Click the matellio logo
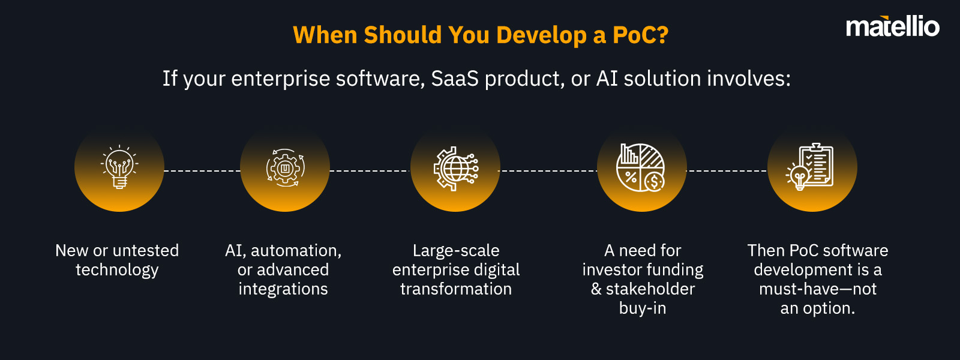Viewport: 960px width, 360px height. point(892,27)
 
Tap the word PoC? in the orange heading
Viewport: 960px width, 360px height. point(640,35)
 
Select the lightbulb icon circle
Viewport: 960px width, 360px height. point(119,167)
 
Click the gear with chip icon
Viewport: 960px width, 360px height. point(285,167)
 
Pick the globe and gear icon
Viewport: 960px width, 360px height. point(455,167)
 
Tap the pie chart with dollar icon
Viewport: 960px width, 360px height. point(641,167)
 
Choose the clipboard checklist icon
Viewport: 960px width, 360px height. point(812,167)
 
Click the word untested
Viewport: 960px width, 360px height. point(146,250)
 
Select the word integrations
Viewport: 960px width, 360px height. point(283,289)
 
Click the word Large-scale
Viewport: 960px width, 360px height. point(456,250)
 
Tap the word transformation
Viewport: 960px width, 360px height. point(456,289)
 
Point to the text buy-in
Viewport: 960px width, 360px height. point(643,308)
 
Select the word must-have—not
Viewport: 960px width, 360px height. point(818,289)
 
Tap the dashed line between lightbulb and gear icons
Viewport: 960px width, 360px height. point(202,171)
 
